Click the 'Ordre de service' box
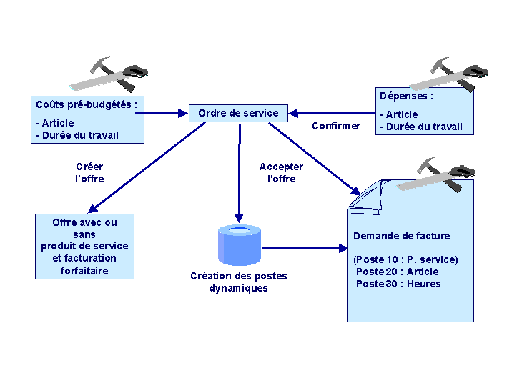pos(238,113)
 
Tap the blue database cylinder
pos(240,245)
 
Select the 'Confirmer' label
pos(336,126)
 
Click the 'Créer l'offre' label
pos(89,173)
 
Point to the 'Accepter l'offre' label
pos(281,173)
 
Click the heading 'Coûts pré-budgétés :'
pos(87,105)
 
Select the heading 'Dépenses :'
pos(406,96)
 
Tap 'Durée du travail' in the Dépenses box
pos(424,127)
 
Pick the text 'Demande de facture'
pos(401,237)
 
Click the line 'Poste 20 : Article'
pos(397,272)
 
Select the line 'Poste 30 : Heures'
pos(398,284)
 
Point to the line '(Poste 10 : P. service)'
pos(405,259)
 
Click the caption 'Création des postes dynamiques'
pos(239,282)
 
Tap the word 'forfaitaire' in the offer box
pos(84,271)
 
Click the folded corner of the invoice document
pos(366,197)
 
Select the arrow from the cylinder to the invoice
pos(305,248)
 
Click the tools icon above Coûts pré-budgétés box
pos(109,74)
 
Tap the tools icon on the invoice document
pos(435,174)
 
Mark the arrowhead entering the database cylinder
pos(239,218)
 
